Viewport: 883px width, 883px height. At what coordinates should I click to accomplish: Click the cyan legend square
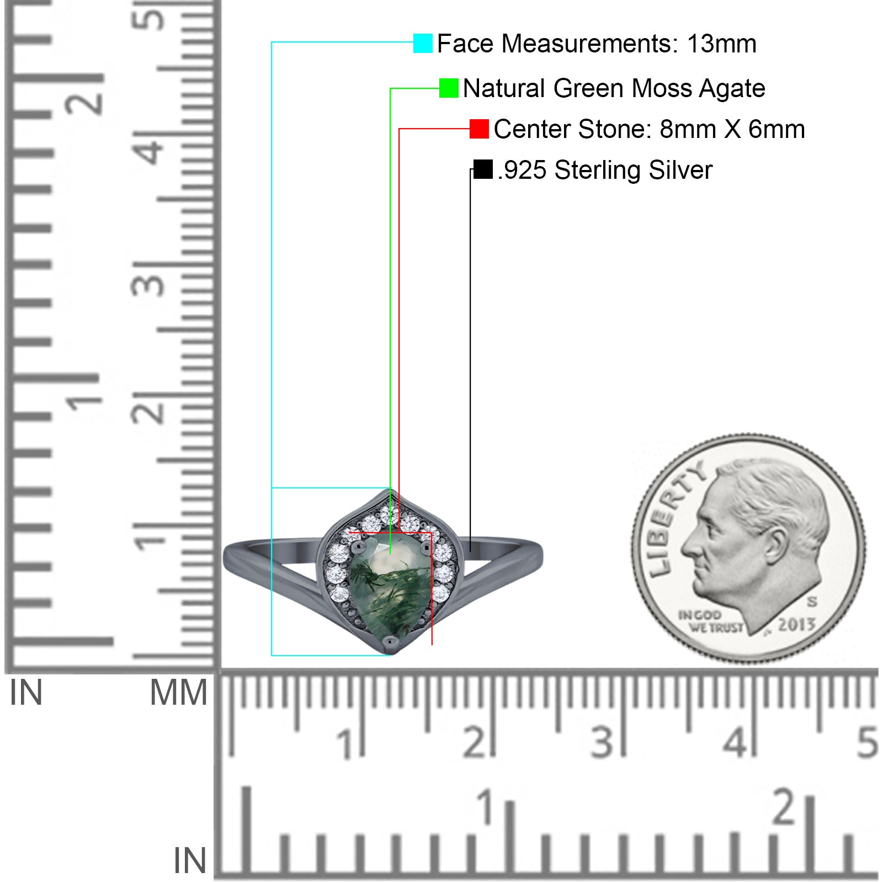click(x=423, y=43)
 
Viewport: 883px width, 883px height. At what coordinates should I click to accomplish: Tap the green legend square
click(x=449, y=88)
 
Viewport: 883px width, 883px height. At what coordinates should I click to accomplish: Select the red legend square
click(x=479, y=129)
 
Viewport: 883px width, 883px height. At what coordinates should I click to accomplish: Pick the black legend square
click(x=483, y=169)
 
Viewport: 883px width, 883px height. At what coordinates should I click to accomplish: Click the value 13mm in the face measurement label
click(x=721, y=44)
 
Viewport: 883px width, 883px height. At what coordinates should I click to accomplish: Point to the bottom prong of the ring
click(x=391, y=641)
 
